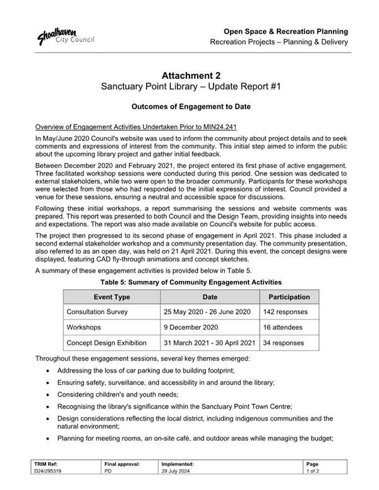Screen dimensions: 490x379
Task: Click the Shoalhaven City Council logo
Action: [65, 36]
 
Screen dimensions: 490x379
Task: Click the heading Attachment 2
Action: [189, 76]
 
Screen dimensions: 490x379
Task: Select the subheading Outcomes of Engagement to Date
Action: [189, 107]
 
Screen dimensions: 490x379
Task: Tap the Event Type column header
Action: [112, 296]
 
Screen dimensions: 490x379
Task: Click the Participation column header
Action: [289, 296]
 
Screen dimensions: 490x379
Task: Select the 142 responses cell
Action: [286, 312]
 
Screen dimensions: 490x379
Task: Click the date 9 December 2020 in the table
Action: [192, 328]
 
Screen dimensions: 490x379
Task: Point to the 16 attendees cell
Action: [283, 328]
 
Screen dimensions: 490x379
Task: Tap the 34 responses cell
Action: [284, 344]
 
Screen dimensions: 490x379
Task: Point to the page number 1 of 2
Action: [314, 471]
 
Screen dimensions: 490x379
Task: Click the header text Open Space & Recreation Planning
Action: [286, 31]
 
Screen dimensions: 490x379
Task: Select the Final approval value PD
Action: [107, 471]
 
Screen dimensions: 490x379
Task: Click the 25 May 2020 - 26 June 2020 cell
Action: [207, 312]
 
